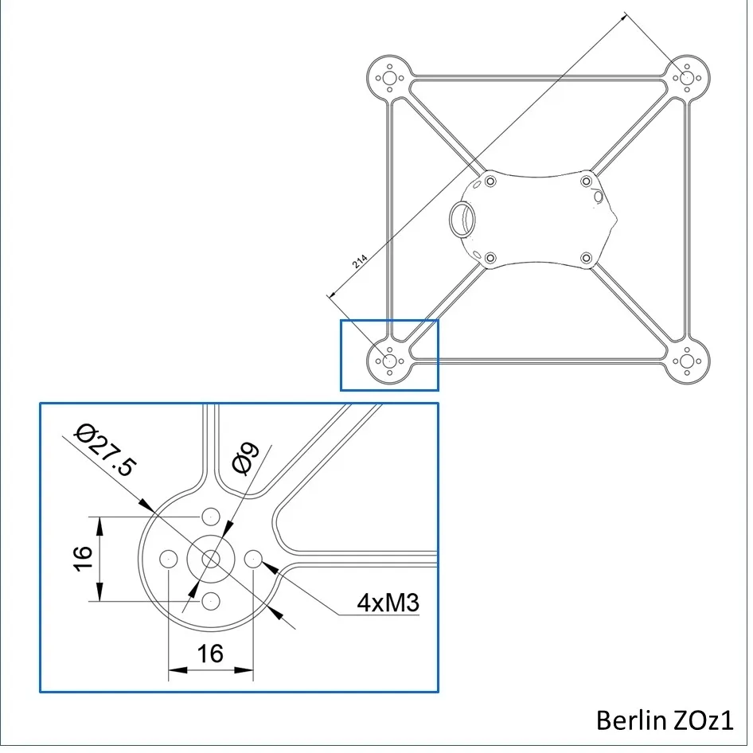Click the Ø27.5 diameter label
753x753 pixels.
click(105, 450)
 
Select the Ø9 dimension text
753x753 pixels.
click(245, 458)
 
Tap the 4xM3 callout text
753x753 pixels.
click(388, 603)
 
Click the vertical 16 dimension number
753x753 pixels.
click(83, 559)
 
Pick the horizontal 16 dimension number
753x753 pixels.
click(210, 654)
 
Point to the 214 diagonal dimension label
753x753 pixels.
click(360, 261)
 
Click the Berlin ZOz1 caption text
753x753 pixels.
click(665, 720)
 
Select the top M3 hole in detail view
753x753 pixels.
click(211, 517)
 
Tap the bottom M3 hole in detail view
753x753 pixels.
click(211, 601)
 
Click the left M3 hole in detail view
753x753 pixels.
click(169, 559)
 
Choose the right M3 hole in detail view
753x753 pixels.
click(253, 559)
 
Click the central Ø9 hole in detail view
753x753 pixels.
click(211, 559)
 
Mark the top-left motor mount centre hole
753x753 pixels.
click(389, 78)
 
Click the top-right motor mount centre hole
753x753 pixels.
click(687, 77)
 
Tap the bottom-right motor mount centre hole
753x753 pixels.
click(687, 361)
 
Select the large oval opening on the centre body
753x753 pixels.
click(462, 219)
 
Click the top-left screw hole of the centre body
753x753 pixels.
click(490, 181)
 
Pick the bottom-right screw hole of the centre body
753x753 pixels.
click(587, 259)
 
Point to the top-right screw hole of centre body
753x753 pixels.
click(587, 181)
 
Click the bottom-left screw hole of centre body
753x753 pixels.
click(490, 259)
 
